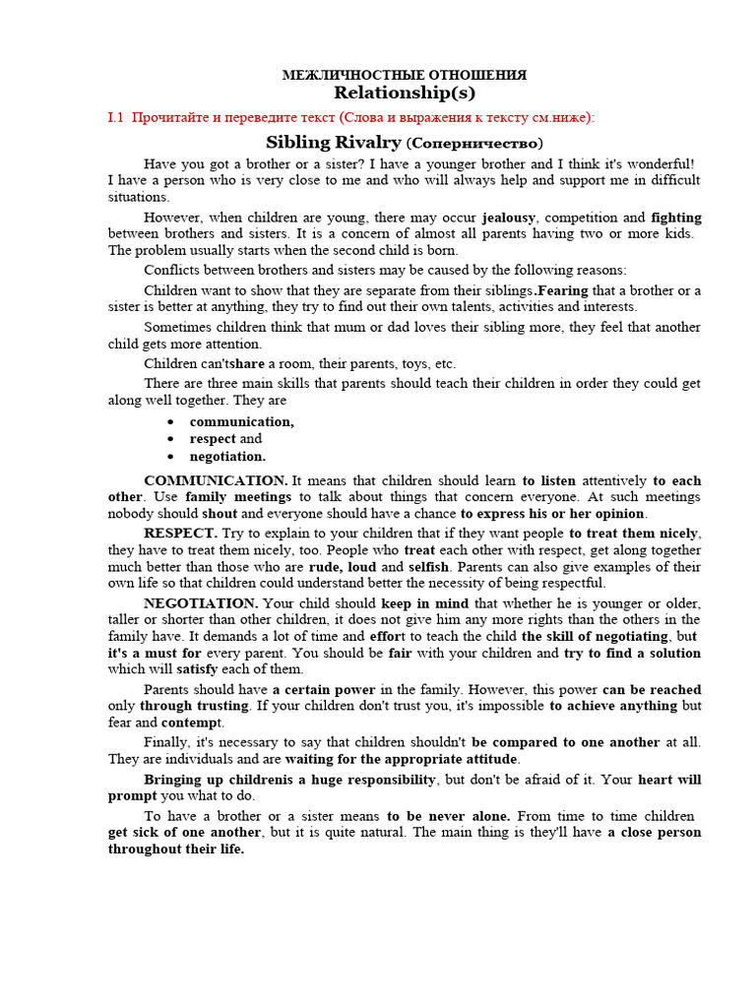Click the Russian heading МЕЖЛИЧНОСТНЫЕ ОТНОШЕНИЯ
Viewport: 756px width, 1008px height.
click(x=404, y=75)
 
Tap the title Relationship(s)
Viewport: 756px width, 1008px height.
click(x=404, y=94)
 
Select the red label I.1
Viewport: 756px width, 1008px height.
click(x=116, y=118)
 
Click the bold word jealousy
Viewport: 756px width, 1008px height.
click(x=509, y=217)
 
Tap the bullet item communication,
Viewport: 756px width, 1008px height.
click(x=241, y=421)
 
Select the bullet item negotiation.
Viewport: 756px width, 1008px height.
click(x=227, y=457)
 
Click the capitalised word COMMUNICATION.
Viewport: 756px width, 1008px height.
click(x=216, y=480)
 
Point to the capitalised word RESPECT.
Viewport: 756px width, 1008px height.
click(x=180, y=534)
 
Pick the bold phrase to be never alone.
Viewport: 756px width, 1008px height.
click(x=448, y=816)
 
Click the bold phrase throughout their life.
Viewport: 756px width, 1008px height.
click(x=176, y=850)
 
